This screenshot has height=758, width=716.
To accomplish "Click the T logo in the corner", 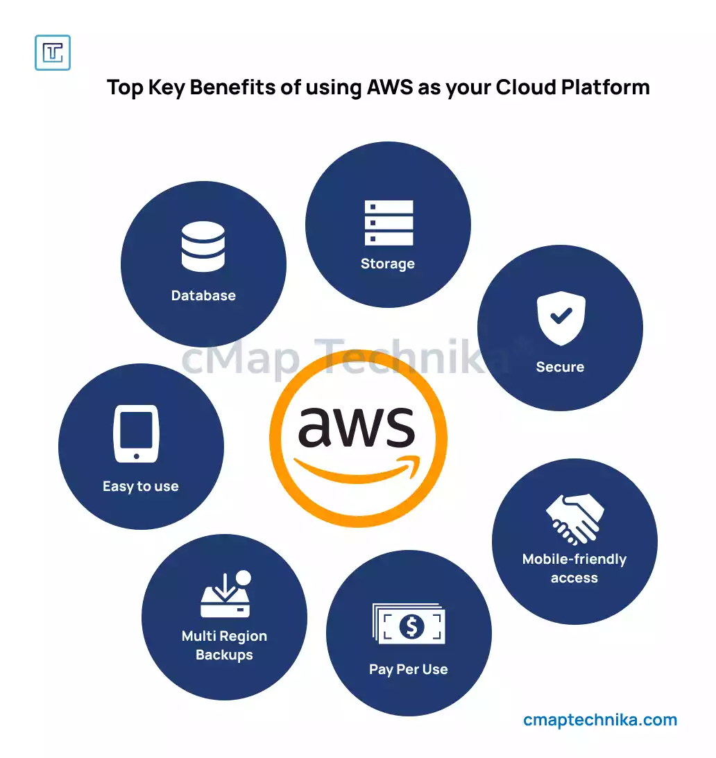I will [53, 53].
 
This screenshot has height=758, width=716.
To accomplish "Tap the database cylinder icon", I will [203, 246].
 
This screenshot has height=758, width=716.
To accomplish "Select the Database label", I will [203, 295].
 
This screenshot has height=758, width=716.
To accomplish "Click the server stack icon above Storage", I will [389, 223].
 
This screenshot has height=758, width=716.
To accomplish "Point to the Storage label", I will [388, 264].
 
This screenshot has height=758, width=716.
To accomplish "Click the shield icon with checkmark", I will [561, 318].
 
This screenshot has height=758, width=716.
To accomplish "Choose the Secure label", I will [560, 367].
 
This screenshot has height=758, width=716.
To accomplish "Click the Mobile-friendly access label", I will [574, 569].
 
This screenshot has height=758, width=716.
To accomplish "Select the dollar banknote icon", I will [409, 625].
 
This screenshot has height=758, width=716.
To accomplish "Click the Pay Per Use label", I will [409, 669].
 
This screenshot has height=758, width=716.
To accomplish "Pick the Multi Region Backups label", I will [224, 645].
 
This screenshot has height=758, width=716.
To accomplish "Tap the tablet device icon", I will [137, 433].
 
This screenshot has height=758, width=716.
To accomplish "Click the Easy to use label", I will [141, 486].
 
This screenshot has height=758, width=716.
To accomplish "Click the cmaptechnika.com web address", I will [600, 720].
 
